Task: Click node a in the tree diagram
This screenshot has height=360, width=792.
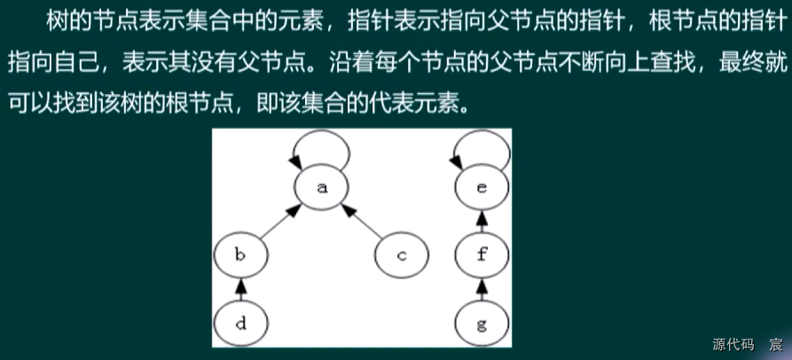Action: pos(322,188)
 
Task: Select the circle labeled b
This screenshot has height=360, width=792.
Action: pos(239,256)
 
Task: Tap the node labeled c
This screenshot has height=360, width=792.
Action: pos(401,256)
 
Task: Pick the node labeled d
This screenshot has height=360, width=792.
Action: pos(239,324)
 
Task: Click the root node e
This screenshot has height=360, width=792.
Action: pos(481,188)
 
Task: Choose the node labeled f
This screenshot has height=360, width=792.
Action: pos(481,256)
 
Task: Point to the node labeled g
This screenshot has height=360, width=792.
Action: pos(481,324)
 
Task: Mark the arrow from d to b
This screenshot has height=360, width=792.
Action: pos(239,290)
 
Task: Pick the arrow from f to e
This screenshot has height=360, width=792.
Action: pos(481,222)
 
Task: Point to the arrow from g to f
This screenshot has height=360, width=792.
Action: pos(481,290)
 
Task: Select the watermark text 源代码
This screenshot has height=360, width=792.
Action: pos(733,343)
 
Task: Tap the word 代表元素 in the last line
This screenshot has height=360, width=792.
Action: pos(412,104)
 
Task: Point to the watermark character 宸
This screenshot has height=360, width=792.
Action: pos(775,343)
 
